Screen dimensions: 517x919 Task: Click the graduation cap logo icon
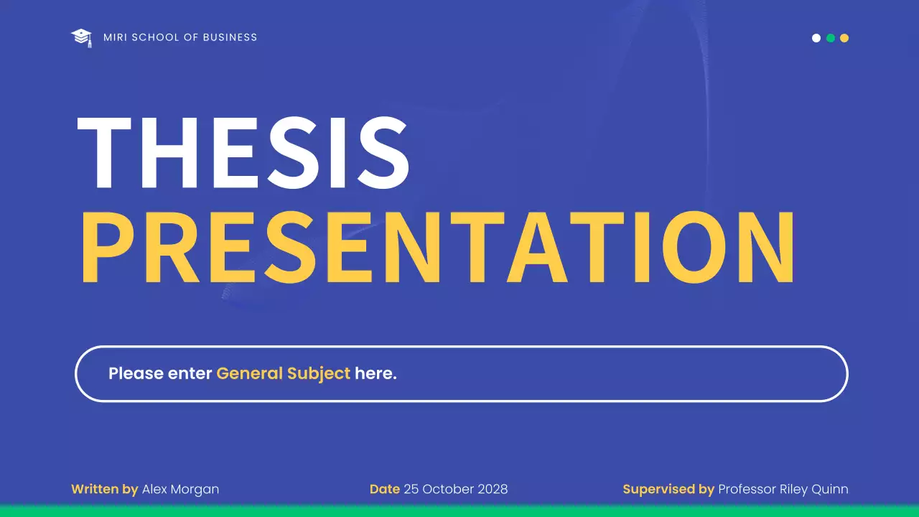click(x=82, y=37)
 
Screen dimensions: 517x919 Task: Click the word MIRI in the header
click(x=115, y=37)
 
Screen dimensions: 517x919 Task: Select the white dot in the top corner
click(x=816, y=38)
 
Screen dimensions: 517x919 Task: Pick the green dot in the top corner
click(x=831, y=38)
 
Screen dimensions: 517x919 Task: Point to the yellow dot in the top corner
click(x=844, y=38)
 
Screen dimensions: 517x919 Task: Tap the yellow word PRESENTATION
click(x=438, y=247)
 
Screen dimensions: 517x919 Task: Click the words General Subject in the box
click(x=283, y=373)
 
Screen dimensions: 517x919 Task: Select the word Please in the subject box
click(x=135, y=373)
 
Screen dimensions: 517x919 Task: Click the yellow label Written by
click(x=104, y=489)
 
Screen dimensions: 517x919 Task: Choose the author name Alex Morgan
click(x=180, y=489)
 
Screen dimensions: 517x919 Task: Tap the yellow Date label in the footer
click(x=384, y=489)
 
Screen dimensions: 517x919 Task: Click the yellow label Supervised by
click(x=668, y=489)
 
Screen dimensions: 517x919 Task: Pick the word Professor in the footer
click(x=747, y=489)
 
